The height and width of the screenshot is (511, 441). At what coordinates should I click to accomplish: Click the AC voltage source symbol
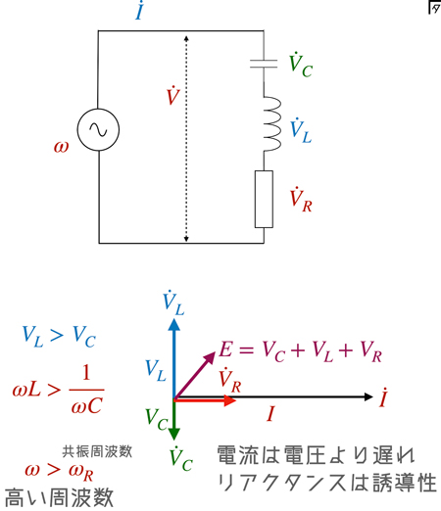click(x=98, y=129)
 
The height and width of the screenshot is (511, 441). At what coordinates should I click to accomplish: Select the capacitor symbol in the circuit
click(x=264, y=64)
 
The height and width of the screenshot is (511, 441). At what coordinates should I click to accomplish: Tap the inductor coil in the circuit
click(x=271, y=123)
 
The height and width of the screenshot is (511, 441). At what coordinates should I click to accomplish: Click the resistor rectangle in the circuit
click(x=264, y=199)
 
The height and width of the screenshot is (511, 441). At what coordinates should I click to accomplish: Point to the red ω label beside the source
click(x=62, y=147)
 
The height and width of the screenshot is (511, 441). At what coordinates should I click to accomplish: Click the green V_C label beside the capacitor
click(x=301, y=66)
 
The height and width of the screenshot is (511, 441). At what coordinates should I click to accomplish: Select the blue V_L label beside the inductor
click(x=301, y=131)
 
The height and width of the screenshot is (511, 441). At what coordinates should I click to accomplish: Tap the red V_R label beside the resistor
click(x=301, y=200)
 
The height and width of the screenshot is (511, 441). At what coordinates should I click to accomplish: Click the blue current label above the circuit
click(x=140, y=11)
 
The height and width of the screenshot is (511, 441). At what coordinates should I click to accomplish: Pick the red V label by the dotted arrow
click(x=173, y=95)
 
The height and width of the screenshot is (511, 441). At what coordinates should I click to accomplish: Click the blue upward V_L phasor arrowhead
click(x=174, y=325)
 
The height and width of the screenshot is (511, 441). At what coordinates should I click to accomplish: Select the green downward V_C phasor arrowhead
click(x=174, y=434)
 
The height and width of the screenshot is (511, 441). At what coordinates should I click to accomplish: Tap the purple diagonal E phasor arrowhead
click(x=210, y=357)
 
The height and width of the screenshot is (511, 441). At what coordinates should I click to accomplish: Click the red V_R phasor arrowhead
click(x=230, y=400)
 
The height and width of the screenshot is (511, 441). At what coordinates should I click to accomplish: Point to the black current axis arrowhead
click(x=368, y=396)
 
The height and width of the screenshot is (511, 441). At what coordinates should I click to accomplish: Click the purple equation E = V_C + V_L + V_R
click(x=301, y=351)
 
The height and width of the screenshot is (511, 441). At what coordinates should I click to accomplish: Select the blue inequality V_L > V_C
click(x=59, y=337)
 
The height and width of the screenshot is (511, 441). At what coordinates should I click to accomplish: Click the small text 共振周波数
click(x=97, y=452)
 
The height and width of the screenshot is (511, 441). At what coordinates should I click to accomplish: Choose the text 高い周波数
click(x=59, y=497)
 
